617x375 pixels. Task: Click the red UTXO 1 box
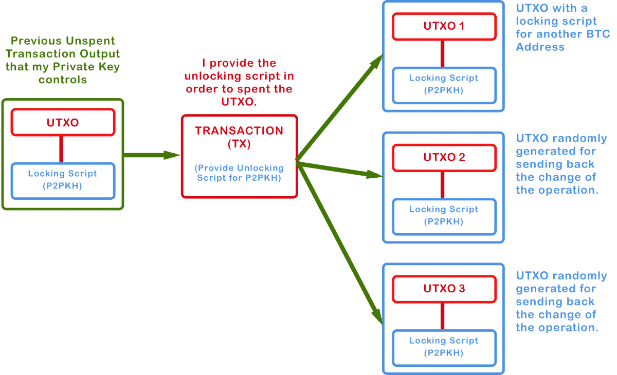click(x=444, y=26)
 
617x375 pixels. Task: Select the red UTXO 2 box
click(x=444, y=157)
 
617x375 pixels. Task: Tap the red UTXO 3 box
click(x=444, y=289)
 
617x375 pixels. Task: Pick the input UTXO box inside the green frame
click(x=63, y=123)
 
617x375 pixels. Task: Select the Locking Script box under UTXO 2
click(x=444, y=215)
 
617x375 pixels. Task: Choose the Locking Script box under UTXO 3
click(x=444, y=346)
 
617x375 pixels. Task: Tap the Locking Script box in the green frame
click(x=63, y=180)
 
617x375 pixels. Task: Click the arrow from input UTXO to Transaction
click(x=152, y=154)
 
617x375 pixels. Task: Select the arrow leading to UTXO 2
click(x=339, y=170)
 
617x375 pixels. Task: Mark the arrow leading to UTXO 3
click(x=339, y=241)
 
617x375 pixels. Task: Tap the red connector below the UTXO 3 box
click(x=442, y=315)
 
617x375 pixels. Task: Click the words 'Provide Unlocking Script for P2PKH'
click(x=239, y=173)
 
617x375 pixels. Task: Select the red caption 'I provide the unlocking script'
click(x=239, y=82)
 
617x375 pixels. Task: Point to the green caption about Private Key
click(x=63, y=61)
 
